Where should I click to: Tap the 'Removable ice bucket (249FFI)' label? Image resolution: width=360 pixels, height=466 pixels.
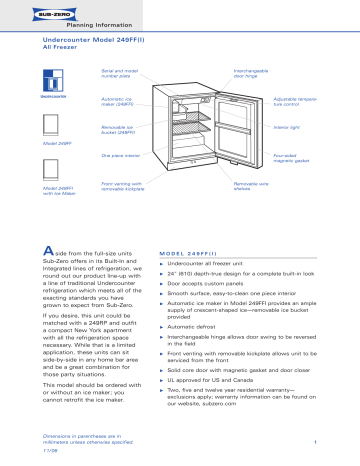(x=122, y=129)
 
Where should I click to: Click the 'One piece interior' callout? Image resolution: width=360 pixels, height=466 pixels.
(x=122, y=156)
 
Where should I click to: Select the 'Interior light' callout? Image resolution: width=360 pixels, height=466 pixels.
(x=288, y=127)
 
